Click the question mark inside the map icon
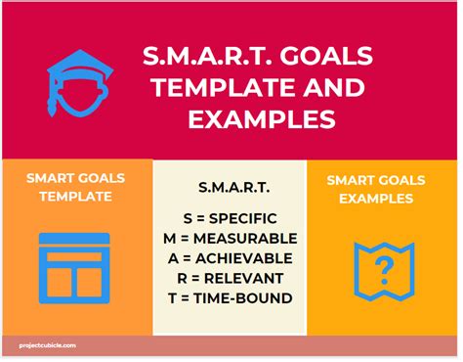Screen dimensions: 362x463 tap(385, 266)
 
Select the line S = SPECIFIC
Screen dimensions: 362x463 tap(230, 217)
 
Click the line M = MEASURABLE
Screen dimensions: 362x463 tap(230, 238)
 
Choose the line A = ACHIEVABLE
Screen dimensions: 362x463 tap(230, 257)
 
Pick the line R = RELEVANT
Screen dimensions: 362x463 tap(230, 278)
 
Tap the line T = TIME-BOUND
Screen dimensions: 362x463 tap(230, 297)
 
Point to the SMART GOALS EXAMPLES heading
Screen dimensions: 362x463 tap(383, 189)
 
